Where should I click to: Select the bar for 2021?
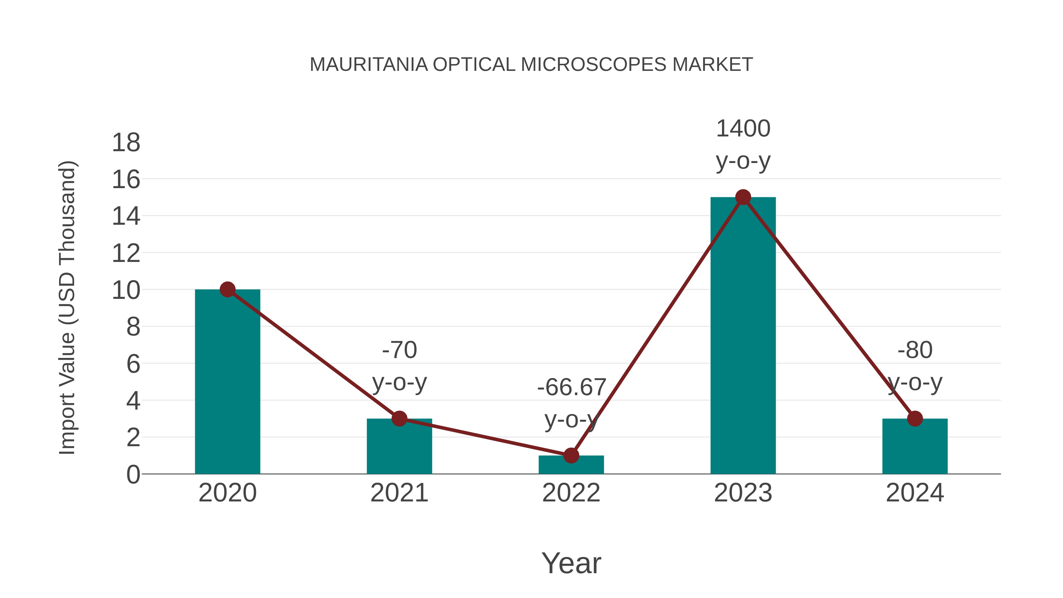point(399,450)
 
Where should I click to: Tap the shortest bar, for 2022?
point(571,466)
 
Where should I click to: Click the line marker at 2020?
point(227,290)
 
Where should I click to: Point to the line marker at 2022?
point(571,456)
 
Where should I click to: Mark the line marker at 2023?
point(743,197)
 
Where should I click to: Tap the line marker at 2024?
point(915,418)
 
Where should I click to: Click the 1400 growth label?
point(743,129)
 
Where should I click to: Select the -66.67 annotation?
point(571,387)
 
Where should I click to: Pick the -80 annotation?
point(915,350)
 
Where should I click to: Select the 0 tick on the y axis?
point(133,475)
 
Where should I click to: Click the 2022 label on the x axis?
point(571,493)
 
